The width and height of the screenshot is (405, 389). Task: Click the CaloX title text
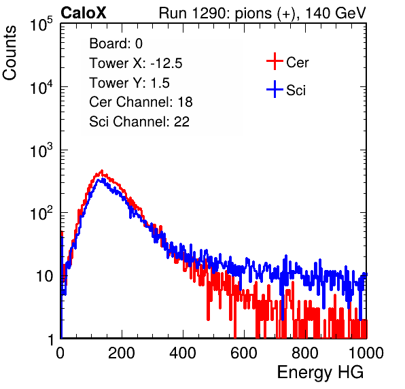click(84, 13)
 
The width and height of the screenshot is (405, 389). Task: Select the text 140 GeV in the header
click(335, 13)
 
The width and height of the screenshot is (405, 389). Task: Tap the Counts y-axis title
click(10, 53)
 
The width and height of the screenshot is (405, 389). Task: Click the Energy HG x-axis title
click(320, 373)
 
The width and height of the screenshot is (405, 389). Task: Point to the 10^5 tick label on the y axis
click(41, 24)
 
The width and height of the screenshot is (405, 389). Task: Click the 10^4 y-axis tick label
click(41, 87)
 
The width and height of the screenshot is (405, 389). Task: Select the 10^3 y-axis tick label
click(41, 150)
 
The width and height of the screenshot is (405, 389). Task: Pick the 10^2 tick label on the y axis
click(41, 214)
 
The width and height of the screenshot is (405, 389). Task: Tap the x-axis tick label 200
click(122, 353)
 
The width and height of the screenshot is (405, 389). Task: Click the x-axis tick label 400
click(183, 353)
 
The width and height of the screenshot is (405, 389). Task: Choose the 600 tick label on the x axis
click(244, 353)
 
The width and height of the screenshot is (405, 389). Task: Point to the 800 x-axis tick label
click(305, 353)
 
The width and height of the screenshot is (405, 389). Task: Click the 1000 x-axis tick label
click(366, 353)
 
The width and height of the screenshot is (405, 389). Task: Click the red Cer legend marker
click(275, 61)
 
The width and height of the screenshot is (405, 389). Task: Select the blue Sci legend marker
click(275, 89)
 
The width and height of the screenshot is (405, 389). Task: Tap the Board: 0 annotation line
click(116, 44)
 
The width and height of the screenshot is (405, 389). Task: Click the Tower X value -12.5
click(166, 63)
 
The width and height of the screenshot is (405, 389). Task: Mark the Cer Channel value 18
click(185, 102)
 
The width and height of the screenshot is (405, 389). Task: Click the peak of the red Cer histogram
click(101, 171)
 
